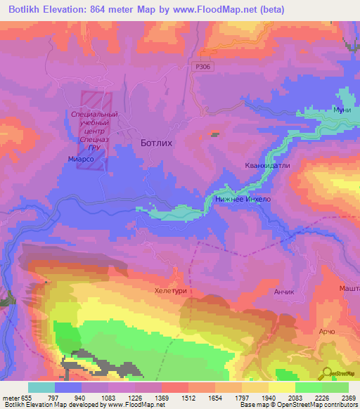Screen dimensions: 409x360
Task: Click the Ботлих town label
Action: pos(157,142)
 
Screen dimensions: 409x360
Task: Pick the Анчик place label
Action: pos(282,291)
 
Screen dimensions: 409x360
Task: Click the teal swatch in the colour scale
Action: pos(41,387)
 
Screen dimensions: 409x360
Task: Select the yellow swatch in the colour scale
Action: pos(282,387)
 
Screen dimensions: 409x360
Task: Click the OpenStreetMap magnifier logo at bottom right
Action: pos(327,375)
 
